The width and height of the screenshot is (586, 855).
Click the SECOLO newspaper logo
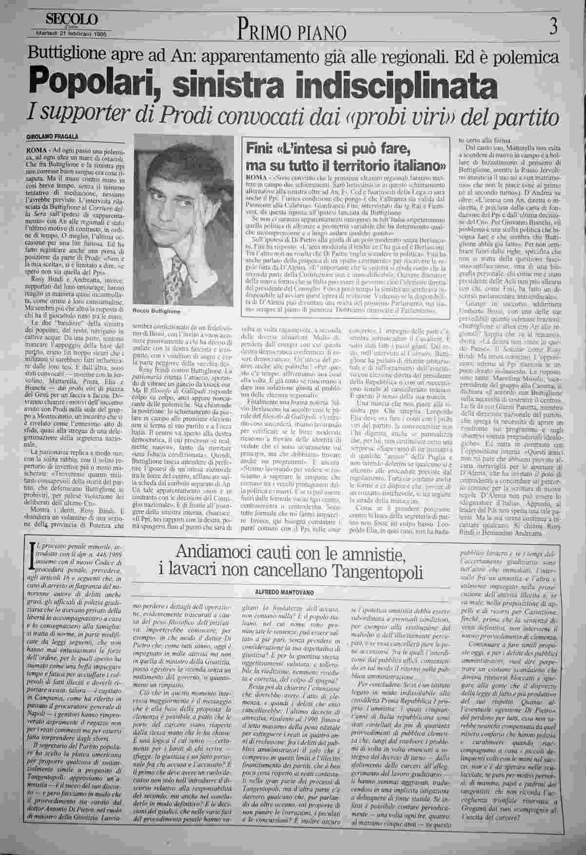(x=72, y=19)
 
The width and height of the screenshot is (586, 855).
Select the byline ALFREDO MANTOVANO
(x=285, y=591)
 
